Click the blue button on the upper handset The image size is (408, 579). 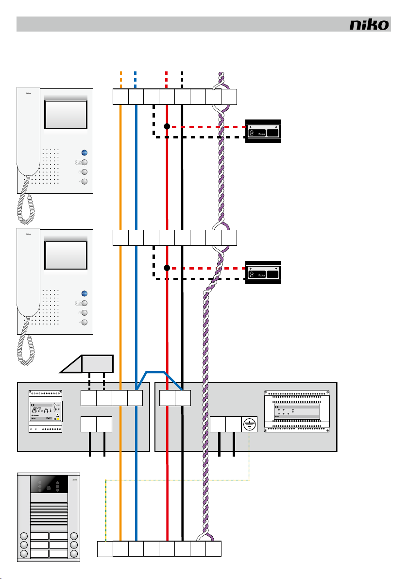[84, 153]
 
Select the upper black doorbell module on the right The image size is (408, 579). [263, 131]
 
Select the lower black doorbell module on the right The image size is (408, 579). [263, 272]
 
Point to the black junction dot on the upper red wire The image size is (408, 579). [167, 126]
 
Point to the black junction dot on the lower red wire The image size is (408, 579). [167, 268]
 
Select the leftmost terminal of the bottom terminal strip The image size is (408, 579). [105, 549]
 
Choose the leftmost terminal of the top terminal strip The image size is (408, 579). [120, 97]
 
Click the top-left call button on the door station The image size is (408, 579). [23, 536]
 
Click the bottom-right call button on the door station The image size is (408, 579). [74, 554]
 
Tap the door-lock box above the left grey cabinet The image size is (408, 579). [98, 363]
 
